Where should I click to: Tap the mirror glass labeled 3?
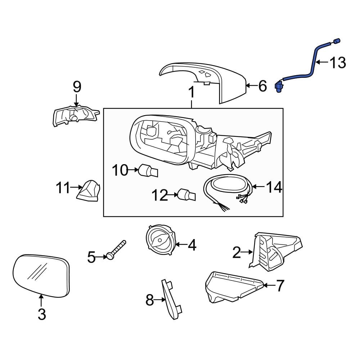click(x=41, y=275)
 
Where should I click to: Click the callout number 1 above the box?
click(x=192, y=93)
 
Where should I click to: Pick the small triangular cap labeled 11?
click(x=89, y=191)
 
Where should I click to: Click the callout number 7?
click(x=280, y=286)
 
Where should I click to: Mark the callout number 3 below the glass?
click(x=42, y=315)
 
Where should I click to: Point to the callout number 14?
click(x=274, y=187)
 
